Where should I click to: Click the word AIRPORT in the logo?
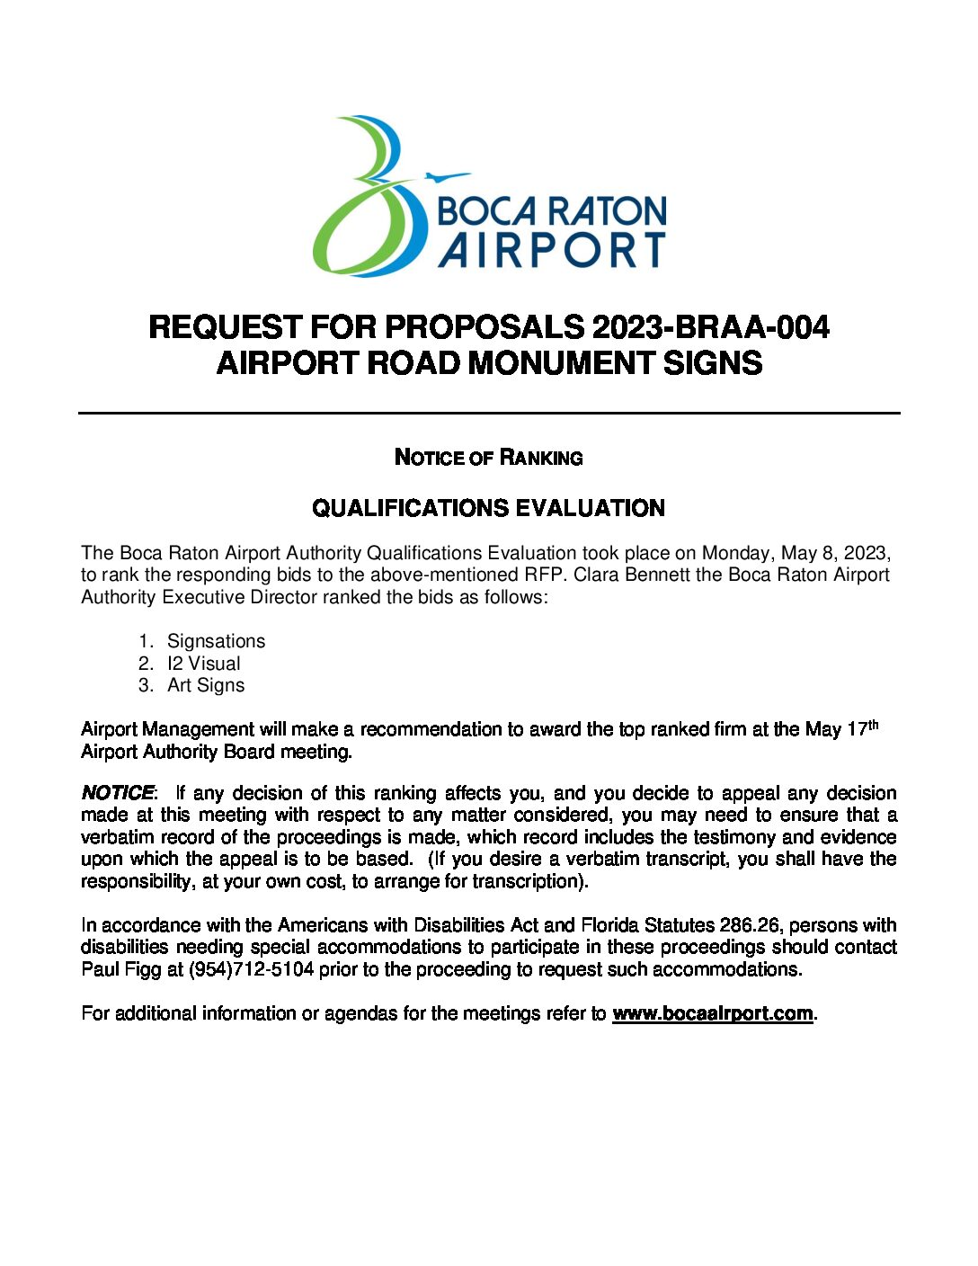[551, 250]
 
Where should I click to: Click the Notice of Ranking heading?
[488, 458]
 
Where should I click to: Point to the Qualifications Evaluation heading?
[488, 508]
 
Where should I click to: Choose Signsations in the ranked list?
[216, 641]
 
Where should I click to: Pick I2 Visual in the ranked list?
[203, 664]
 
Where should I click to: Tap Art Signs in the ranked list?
[205, 685]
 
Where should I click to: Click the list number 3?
[146, 685]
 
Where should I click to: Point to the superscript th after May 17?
[872, 724]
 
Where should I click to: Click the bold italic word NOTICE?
[117, 793]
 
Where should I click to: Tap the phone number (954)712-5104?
[251, 969]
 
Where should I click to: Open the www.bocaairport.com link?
[712, 1013]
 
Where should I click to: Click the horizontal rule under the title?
[488, 413]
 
